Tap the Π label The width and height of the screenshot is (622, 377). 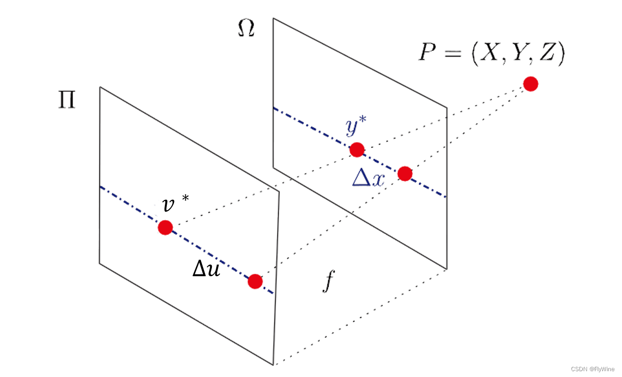pos(67,100)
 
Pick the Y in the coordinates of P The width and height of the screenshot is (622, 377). pos(519,52)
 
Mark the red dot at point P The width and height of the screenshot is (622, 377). pos(531,84)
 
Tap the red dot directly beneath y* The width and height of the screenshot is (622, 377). pos(357,150)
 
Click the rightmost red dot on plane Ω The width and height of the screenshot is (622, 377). pos(405,173)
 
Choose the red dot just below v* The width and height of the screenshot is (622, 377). pos(165,227)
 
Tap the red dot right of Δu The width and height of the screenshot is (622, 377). pos(255,281)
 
